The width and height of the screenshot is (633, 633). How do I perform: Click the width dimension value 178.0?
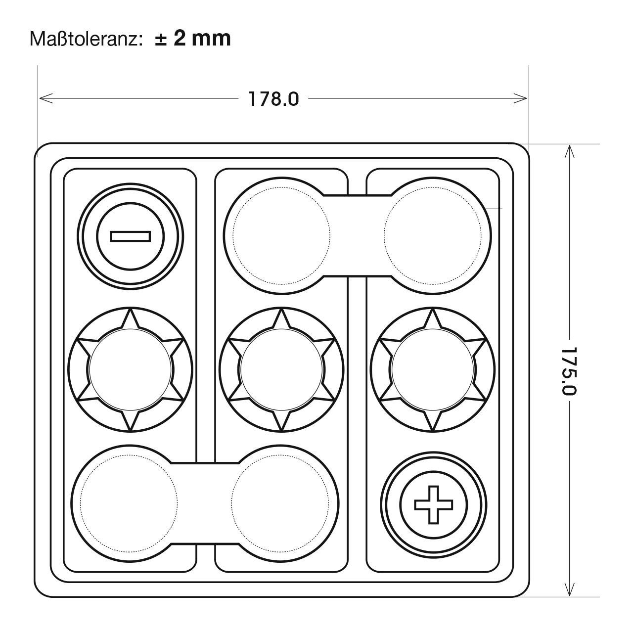point(273,99)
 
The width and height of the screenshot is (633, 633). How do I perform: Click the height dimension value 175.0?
point(568,371)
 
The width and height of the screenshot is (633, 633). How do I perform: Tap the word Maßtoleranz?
point(87,39)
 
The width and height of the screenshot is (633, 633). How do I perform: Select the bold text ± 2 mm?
point(193,39)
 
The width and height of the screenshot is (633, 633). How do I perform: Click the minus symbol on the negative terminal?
point(131,236)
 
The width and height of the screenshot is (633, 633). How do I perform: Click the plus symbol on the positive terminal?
point(434,505)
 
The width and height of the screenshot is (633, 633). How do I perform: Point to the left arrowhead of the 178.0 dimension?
point(46,98)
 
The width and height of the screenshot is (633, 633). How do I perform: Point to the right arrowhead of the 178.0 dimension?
point(520,98)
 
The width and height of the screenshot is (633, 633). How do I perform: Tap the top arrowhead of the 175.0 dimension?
point(569,152)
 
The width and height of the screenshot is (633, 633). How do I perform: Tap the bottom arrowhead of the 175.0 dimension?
point(569,588)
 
